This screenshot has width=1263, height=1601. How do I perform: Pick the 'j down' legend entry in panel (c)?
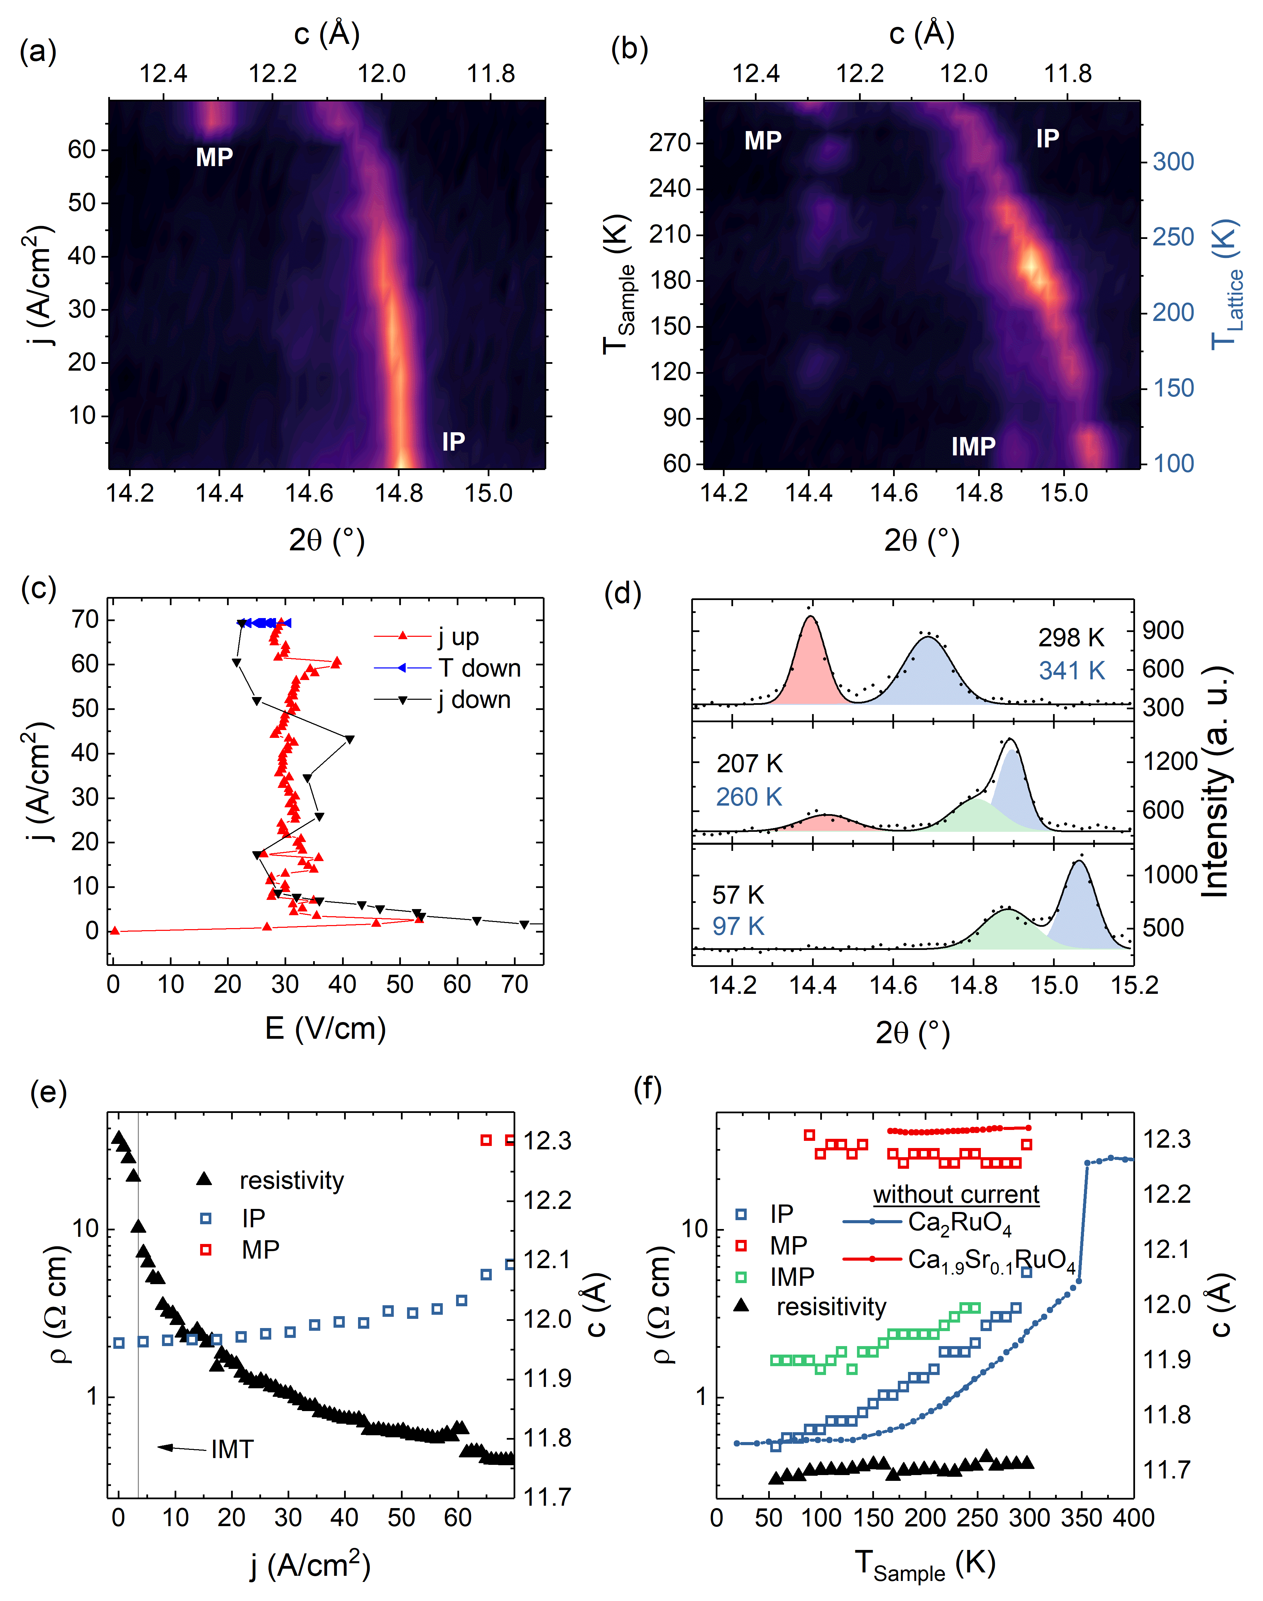[x=473, y=699]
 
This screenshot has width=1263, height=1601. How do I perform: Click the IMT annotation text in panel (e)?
[x=232, y=1450]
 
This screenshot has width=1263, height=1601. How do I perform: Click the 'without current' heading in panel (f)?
[x=956, y=1194]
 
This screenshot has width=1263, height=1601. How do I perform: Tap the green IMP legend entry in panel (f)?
[x=791, y=1276]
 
